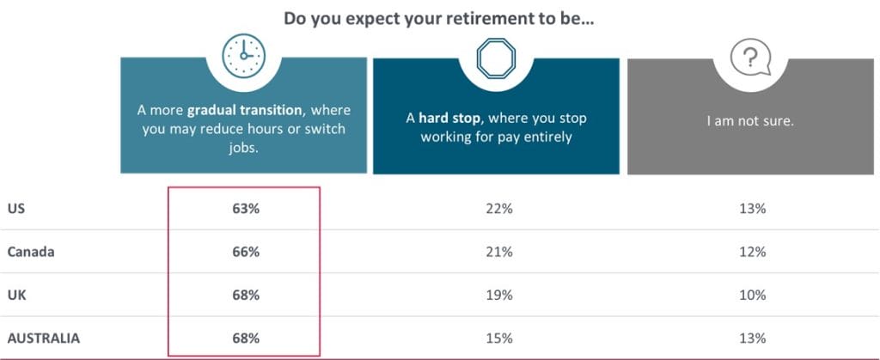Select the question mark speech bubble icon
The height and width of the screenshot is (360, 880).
coord(749,58)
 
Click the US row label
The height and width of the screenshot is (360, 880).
coord(16,208)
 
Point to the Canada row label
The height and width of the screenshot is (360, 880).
coord(30,252)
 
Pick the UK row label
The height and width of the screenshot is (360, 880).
coord(16,295)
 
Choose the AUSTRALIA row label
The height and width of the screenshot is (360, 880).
coord(44,339)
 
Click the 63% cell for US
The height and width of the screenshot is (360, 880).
coord(245,208)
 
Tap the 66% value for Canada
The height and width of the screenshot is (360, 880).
coord(245,252)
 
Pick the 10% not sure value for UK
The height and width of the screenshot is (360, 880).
coord(751,295)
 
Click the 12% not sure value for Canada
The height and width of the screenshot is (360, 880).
coord(751,252)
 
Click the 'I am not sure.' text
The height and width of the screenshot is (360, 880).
coord(750,121)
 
